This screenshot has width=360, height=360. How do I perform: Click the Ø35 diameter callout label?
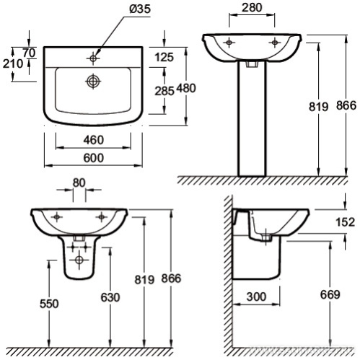pos(140,9)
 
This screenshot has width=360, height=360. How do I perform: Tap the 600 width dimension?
pos(94,158)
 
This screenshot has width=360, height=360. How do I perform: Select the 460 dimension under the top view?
pos(94,140)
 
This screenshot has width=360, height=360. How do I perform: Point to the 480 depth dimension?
pos(186,88)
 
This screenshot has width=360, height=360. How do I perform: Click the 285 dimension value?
pos(164,91)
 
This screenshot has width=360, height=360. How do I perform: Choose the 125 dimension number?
pos(164,57)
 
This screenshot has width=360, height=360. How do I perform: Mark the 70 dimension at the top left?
pos(30,53)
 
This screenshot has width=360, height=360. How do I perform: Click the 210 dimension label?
pos(13,63)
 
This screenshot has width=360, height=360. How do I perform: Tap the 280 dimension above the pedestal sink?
pos(252,8)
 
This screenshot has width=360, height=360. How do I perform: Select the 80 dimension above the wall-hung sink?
pos(79,183)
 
